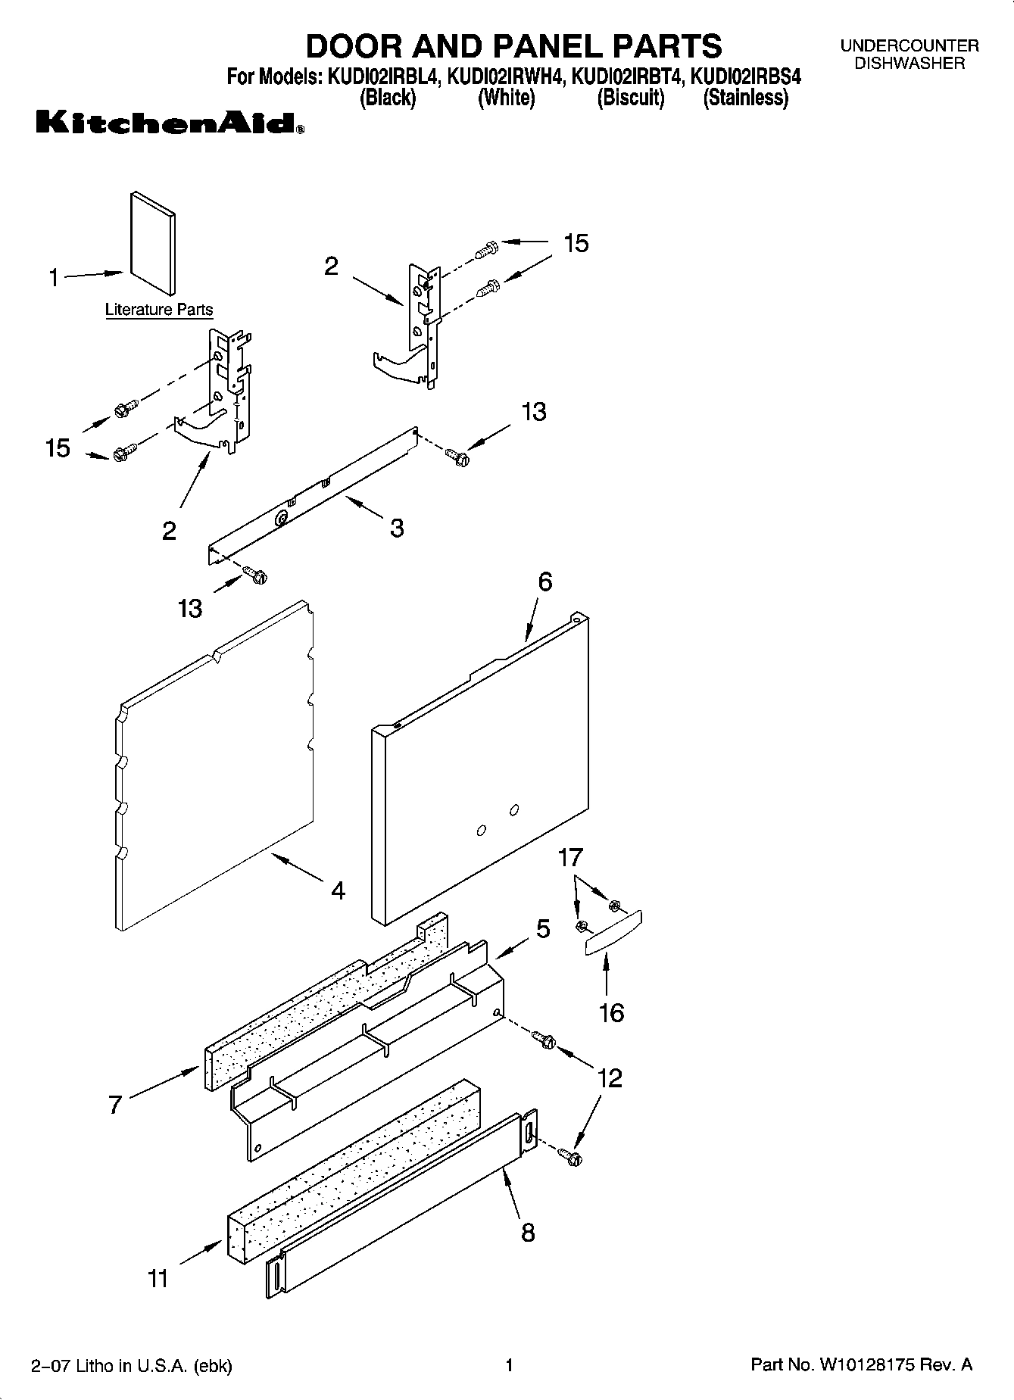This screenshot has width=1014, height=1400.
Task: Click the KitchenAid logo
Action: pos(170,123)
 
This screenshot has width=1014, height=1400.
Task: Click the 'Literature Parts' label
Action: pos(159,310)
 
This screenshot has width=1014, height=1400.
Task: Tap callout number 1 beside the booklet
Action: pos(54,278)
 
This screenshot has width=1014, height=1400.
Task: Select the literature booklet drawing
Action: pos(153,242)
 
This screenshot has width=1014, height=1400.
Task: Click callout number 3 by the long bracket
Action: pos(397,528)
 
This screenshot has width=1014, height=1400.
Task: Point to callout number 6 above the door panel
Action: pos(545,582)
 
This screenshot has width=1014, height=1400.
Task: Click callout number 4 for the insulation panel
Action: pos(338,890)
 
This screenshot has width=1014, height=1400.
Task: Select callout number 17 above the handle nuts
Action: pos(570,858)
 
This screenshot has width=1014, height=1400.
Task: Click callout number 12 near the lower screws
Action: pos(610,1077)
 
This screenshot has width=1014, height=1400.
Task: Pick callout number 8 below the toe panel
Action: pos(528,1233)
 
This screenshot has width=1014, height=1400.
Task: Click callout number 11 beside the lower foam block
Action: pos(158,1279)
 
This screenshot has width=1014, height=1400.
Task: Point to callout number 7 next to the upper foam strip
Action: pos(114,1105)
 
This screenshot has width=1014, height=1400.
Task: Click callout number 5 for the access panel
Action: pos(543,929)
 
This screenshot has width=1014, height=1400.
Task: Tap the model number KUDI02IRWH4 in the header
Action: pos(505,77)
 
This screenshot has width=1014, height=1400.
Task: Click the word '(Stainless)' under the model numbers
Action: pos(746,98)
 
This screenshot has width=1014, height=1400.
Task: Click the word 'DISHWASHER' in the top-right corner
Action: pos(909,64)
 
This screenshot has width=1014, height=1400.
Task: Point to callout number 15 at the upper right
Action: pos(576,243)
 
